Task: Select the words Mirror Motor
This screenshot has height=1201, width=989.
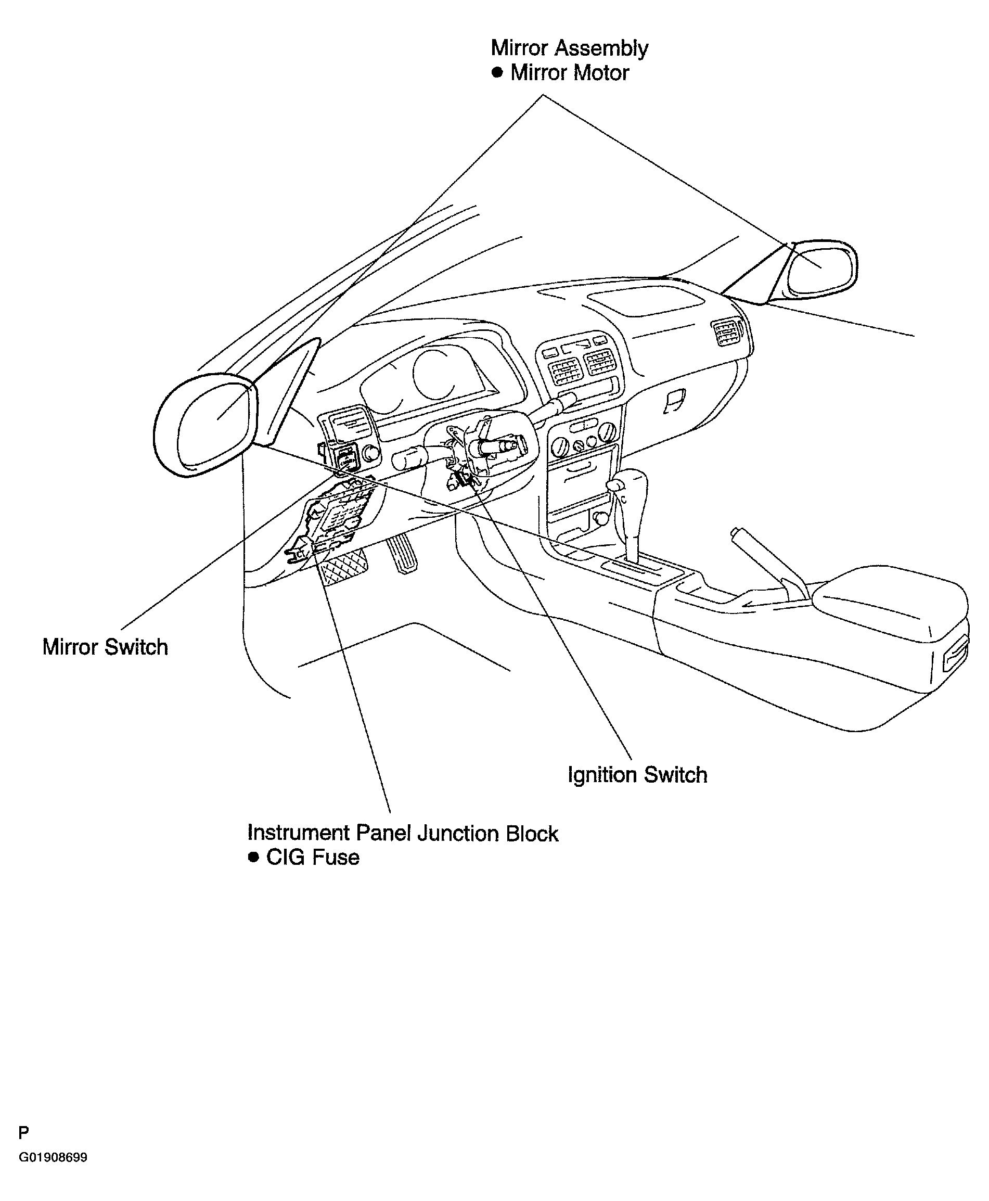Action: (570, 73)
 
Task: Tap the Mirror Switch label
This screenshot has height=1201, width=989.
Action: (106, 647)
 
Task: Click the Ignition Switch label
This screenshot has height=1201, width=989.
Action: (637, 775)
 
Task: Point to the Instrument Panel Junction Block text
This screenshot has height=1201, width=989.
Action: (403, 834)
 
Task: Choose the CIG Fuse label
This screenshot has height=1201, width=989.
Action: (313, 858)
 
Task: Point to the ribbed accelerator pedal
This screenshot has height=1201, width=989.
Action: (402, 553)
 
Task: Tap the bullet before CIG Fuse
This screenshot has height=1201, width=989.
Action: (253, 857)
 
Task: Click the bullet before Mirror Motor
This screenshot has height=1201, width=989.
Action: (497, 72)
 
